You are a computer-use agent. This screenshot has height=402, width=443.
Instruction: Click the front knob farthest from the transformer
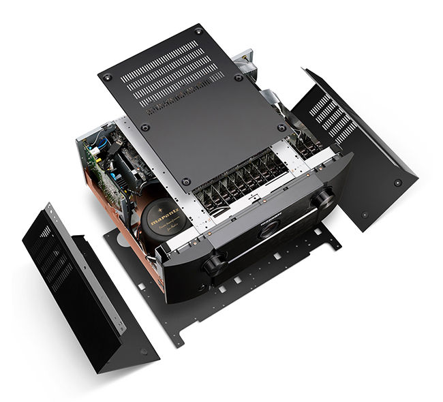pos(324,199)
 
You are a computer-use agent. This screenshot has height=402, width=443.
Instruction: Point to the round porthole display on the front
pos(269,229)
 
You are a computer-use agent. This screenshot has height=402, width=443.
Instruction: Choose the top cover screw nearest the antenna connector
pos(239,77)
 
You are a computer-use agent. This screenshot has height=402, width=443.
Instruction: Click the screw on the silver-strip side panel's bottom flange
pos(143,351)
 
